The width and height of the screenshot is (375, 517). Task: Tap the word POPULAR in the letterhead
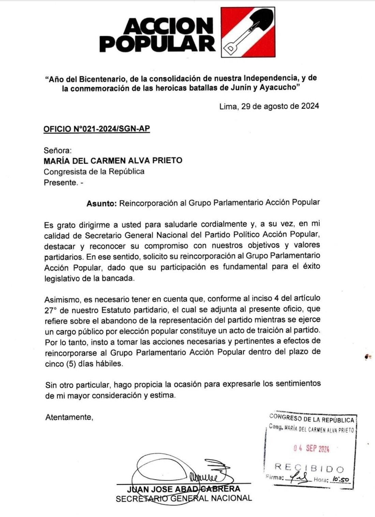[x=157, y=43]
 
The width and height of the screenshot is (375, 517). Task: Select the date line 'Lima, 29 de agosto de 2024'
[x=269, y=106]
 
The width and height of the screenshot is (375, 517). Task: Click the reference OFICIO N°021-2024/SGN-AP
[x=96, y=129]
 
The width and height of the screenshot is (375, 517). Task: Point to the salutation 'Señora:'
[x=58, y=150]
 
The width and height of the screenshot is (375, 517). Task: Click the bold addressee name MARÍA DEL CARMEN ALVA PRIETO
[x=113, y=160]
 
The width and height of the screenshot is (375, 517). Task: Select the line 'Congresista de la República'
[x=94, y=171]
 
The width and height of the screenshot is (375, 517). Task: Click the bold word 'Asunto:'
[x=102, y=204]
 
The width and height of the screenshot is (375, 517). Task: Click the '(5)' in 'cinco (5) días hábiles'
[x=70, y=364]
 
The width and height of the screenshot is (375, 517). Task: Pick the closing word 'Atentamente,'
[x=69, y=417]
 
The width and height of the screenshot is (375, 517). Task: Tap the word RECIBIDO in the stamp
[x=309, y=468]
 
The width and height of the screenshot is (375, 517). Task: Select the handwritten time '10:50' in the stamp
[x=341, y=479]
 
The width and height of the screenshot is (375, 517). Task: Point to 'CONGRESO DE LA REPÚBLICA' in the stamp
[x=312, y=419]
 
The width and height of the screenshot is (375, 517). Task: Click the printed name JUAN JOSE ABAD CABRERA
[x=183, y=489]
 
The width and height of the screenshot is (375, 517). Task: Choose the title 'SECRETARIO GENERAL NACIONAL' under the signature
[x=184, y=499]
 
